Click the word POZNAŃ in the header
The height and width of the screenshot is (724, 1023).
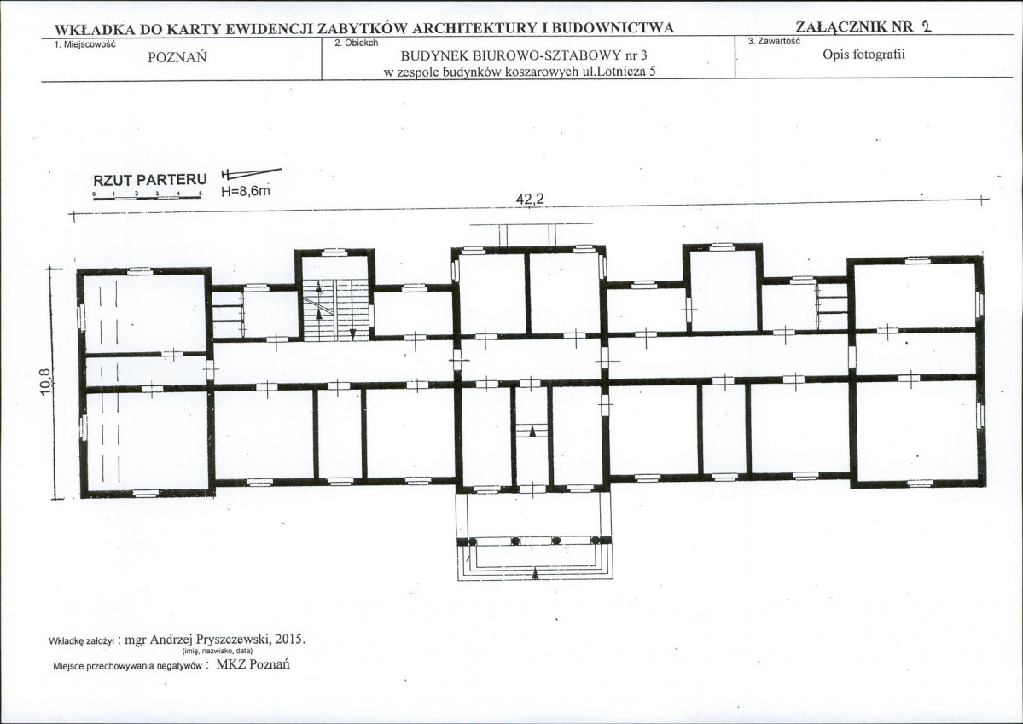pos(177,57)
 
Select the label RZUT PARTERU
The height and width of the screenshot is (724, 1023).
pos(150,179)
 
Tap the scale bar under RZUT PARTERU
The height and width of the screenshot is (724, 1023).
pos(148,197)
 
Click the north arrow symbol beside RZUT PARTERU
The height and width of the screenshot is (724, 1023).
pos(251,173)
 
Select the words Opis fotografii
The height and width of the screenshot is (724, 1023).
pos(863,54)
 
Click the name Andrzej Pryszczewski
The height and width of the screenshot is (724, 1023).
pos(211,640)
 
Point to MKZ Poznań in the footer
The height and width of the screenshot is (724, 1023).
pos(253,664)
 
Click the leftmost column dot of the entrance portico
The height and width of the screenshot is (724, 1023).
pos(473,541)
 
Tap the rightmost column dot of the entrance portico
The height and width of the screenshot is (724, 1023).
pos(596,540)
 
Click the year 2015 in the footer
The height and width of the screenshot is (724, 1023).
pos(290,640)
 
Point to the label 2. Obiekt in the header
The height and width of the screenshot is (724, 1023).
pos(356,43)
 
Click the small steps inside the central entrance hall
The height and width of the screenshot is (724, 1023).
pos(533,432)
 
